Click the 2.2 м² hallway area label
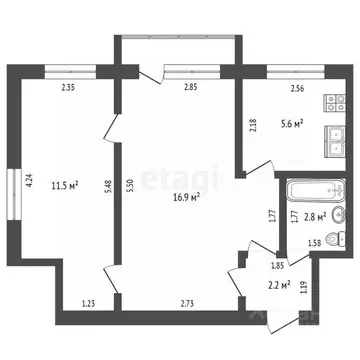click(x=279, y=285)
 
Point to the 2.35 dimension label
click(x=68, y=90)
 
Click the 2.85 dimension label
click(x=191, y=90)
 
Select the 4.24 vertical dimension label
click(x=30, y=181)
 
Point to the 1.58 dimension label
click(x=314, y=243)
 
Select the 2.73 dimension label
click(x=186, y=303)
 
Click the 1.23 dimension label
click(x=89, y=303)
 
